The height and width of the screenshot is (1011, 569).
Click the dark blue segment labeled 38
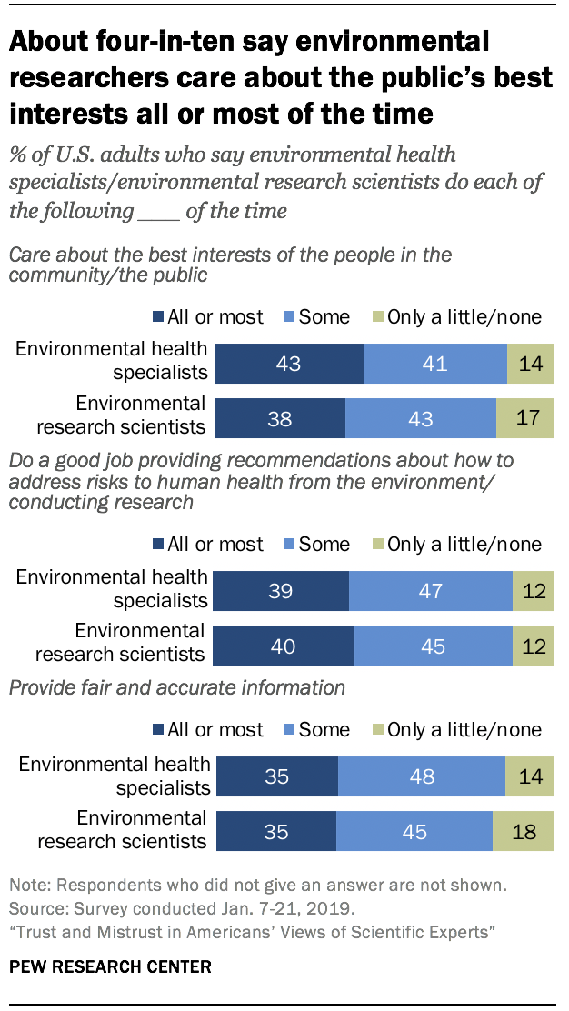coord(280,418)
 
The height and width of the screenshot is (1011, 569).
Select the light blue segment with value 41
coord(434,365)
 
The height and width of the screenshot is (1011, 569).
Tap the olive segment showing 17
coord(524,418)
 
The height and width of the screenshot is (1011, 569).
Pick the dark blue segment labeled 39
coord(282,590)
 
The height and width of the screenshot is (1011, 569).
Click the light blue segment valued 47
coord(430,590)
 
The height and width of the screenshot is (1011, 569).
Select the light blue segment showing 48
coord(421,776)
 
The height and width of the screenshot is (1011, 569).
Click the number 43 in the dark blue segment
coord(287,365)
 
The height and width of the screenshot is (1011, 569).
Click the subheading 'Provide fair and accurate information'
coord(176,687)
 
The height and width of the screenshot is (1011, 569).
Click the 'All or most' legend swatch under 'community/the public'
coord(158,317)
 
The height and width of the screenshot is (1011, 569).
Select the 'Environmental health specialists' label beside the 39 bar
coord(113,588)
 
